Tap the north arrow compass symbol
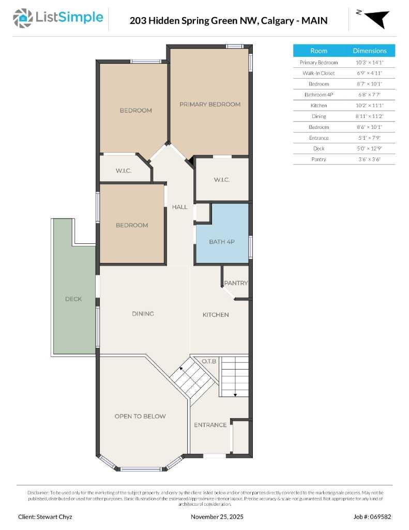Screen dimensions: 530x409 pyautogui.click(x=376, y=19)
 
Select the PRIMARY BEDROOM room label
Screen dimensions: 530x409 pyautogui.click(x=210, y=105)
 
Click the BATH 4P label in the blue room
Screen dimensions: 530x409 pyautogui.click(x=222, y=242)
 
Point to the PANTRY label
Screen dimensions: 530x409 pyautogui.click(x=236, y=283)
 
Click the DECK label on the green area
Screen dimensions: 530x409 pyautogui.click(x=73, y=299)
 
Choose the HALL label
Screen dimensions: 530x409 pyautogui.click(x=180, y=207)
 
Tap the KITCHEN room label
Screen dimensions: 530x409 pyautogui.click(x=216, y=315)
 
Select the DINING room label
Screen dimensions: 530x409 pyautogui.click(x=143, y=314)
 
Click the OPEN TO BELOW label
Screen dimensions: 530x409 pyautogui.click(x=140, y=416)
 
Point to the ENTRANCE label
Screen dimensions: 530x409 pyautogui.click(x=210, y=425)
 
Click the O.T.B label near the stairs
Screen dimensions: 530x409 pyautogui.click(x=208, y=361)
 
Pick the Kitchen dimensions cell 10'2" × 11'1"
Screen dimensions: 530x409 pyautogui.click(x=370, y=106)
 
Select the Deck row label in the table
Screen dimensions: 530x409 pyautogui.click(x=319, y=149)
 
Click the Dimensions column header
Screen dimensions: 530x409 pyautogui.click(x=370, y=51)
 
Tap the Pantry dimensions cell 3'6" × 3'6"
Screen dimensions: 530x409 pyautogui.click(x=370, y=159)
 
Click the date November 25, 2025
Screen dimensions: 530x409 pyautogui.click(x=217, y=517)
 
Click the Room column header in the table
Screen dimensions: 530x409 pyautogui.click(x=319, y=51)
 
